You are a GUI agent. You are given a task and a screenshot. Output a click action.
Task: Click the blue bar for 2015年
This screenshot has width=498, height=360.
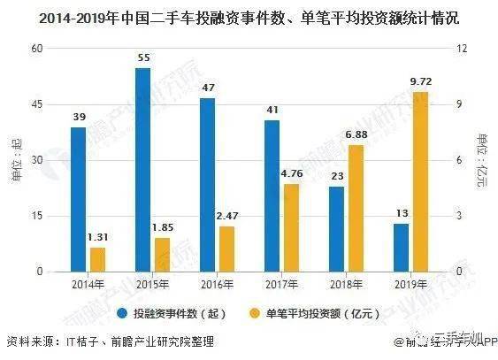coord(142,170)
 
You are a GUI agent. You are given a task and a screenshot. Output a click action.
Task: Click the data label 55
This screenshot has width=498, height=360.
coord(142,57)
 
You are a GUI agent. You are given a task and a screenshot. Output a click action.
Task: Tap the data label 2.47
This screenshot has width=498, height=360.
coord(227,216)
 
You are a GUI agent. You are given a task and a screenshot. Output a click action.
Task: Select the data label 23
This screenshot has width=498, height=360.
coord(336,176)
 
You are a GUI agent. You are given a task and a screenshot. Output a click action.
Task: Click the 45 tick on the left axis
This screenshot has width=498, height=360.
coord(38,104)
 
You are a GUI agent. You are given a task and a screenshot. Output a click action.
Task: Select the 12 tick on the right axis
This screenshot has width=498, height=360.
coord(461,49)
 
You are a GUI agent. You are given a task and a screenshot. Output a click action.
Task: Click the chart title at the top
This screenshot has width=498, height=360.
coord(249,16)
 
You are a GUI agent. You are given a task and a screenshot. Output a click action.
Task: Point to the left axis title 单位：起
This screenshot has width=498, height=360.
coord(16,159)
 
